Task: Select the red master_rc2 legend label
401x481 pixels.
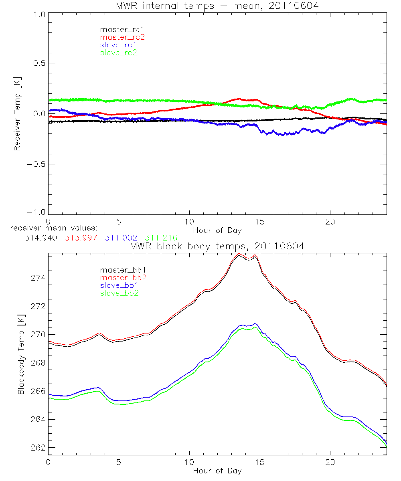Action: tap(122, 37)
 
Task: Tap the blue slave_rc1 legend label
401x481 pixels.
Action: tap(118, 44)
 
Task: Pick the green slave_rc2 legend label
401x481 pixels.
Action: tap(118, 52)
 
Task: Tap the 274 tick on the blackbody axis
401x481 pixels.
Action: tap(36, 278)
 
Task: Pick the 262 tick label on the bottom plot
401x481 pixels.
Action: tap(36, 448)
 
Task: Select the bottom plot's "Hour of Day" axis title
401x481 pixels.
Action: tap(217, 471)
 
